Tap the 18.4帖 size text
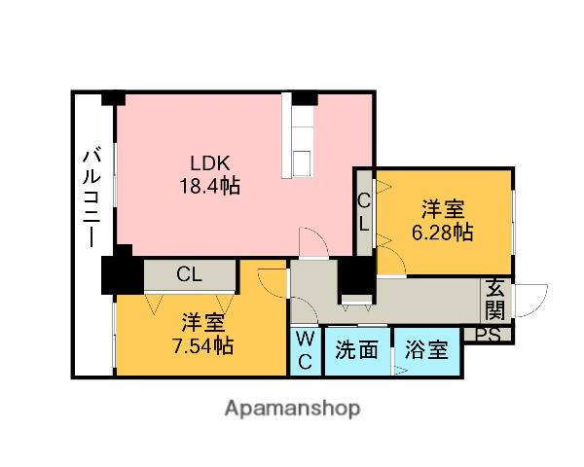[x=209, y=184]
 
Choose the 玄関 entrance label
[x=495, y=299]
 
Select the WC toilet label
[x=306, y=350]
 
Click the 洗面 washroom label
[x=356, y=350]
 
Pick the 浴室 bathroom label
[x=427, y=350]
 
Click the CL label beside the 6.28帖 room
[x=363, y=212]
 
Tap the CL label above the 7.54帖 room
[x=190, y=274]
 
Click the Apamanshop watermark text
[x=293, y=408]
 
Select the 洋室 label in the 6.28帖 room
[x=443, y=209]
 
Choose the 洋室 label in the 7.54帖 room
[x=202, y=322]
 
